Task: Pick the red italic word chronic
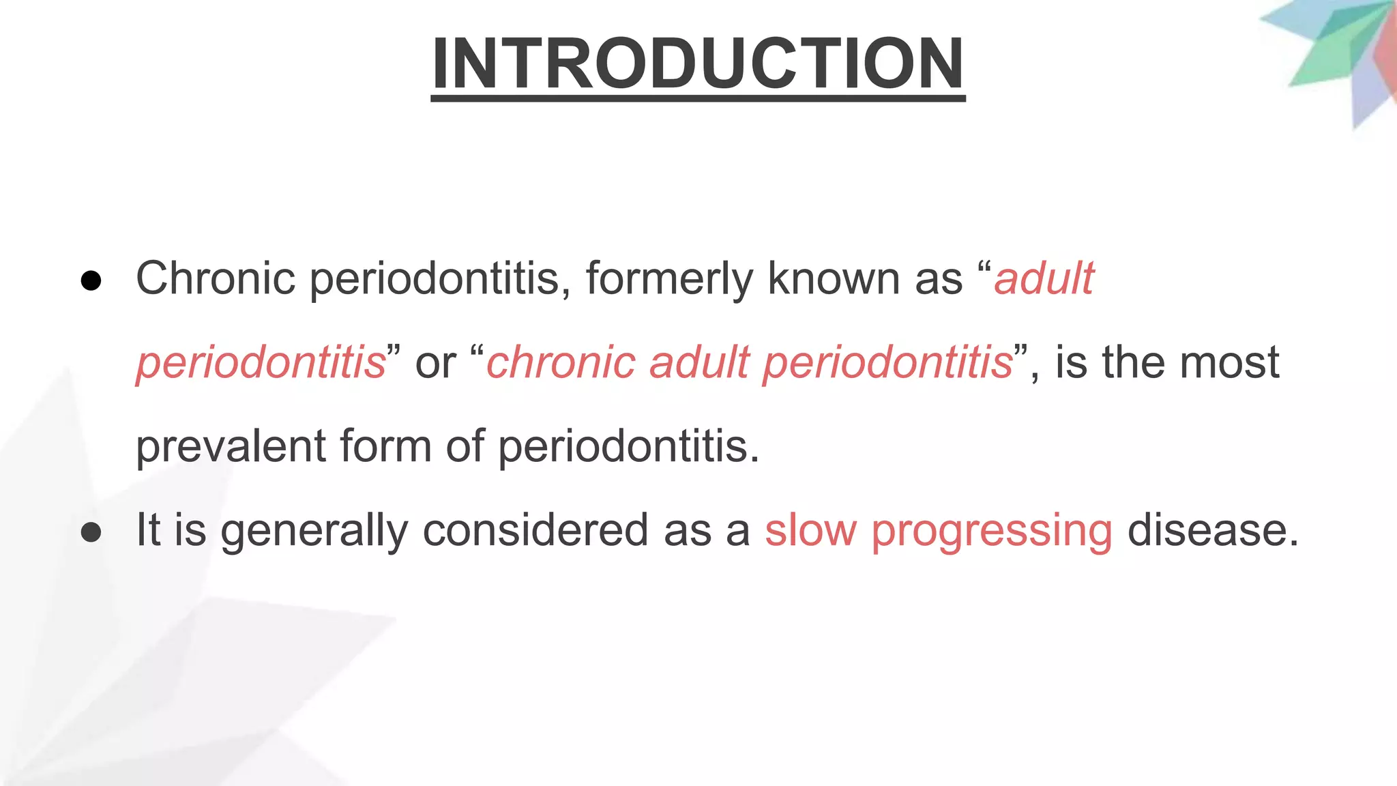(x=560, y=362)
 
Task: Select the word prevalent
(x=231, y=447)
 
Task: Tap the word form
(x=385, y=447)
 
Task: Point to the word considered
(x=535, y=531)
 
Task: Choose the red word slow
(x=810, y=531)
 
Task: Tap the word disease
(x=1212, y=531)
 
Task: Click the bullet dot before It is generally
(x=91, y=532)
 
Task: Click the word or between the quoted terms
(x=435, y=363)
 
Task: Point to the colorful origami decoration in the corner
(x=1337, y=55)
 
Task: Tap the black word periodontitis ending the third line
(x=628, y=447)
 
